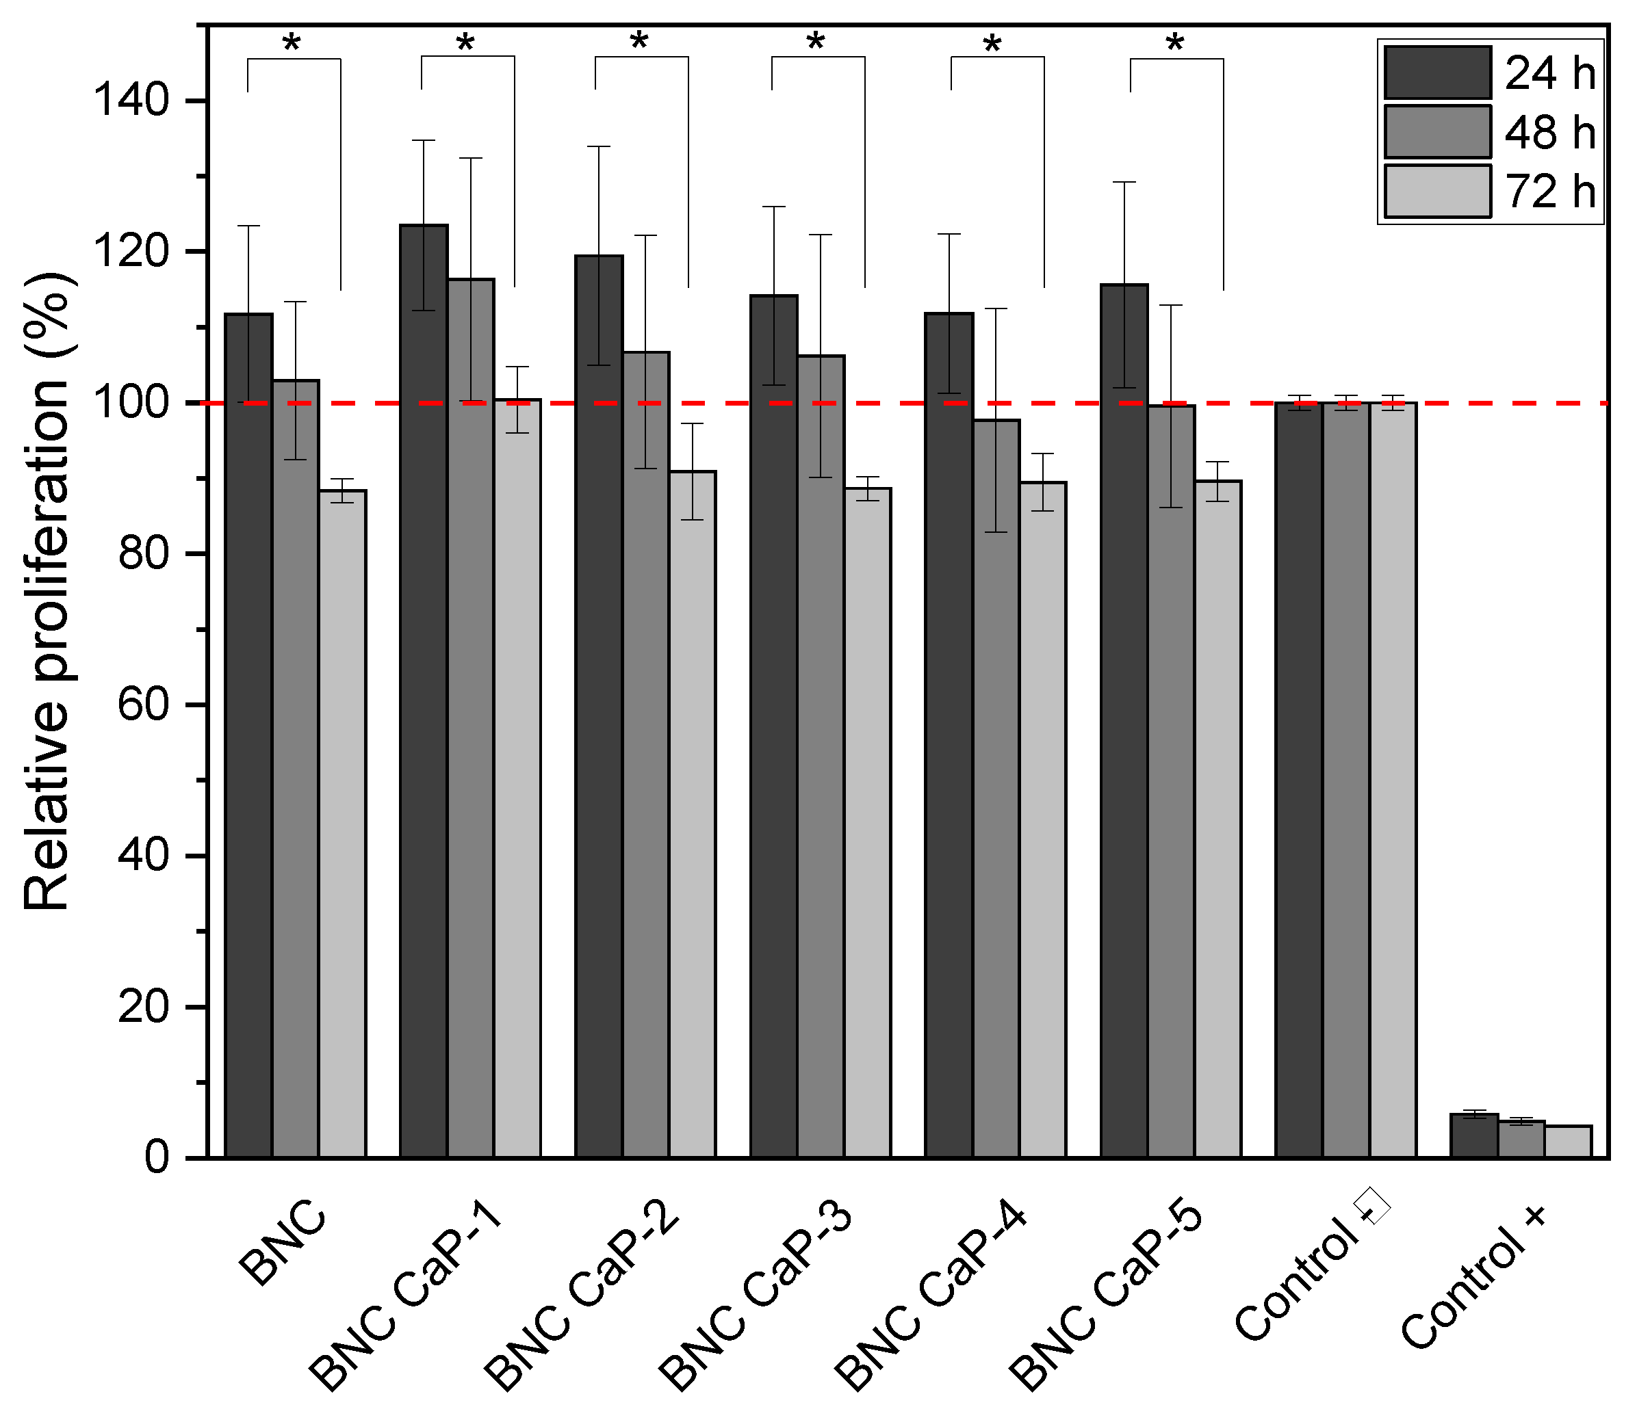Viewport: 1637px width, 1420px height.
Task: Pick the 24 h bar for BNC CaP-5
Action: [1124, 721]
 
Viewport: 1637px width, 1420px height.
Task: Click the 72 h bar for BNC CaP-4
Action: [1043, 820]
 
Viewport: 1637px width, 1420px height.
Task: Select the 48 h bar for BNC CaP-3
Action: [821, 757]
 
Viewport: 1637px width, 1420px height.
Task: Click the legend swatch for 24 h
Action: [1437, 73]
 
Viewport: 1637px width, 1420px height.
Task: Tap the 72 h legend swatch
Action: [1437, 191]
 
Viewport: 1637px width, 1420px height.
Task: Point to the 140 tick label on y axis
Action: [131, 101]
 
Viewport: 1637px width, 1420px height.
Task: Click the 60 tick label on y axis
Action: [144, 705]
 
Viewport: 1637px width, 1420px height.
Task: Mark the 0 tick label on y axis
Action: [156, 1159]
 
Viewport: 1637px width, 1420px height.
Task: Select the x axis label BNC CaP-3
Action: [757, 1296]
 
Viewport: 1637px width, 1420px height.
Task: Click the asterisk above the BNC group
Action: [292, 44]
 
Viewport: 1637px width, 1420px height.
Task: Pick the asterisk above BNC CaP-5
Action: [1175, 44]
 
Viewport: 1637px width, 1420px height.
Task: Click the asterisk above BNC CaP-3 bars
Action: [816, 42]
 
